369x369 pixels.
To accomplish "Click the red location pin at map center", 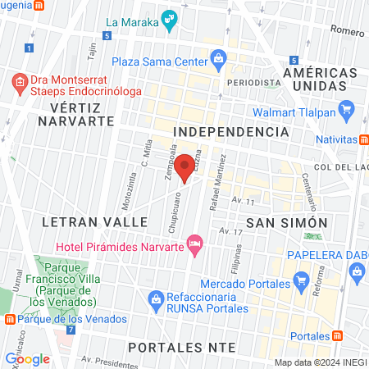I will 184,167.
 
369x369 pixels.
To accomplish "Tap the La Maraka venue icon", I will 169,19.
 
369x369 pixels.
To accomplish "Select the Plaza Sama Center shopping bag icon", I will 218,58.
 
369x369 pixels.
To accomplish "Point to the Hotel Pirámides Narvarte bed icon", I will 194,243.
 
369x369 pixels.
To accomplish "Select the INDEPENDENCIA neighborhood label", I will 231,131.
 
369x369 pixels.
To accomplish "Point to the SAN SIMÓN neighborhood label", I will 287,222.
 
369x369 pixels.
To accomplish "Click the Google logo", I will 28,358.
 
